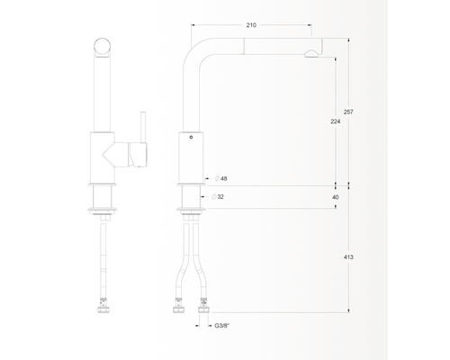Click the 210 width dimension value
pyautogui.click(x=251, y=25)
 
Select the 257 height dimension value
pyautogui.click(x=348, y=112)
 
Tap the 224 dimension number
pyautogui.click(x=336, y=121)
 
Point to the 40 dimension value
pyautogui.click(x=336, y=197)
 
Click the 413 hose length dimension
pyautogui.click(x=348, y=257)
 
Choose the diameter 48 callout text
pyautogui.click(x=221, y=179)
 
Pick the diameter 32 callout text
pyautogui.click(x=218, y=197)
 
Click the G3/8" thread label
pyautogui.click(x=222, y=326)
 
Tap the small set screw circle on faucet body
pyautogui.click(x=191, y=138)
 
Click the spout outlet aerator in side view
pyautogui.click(x=310, y=54)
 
